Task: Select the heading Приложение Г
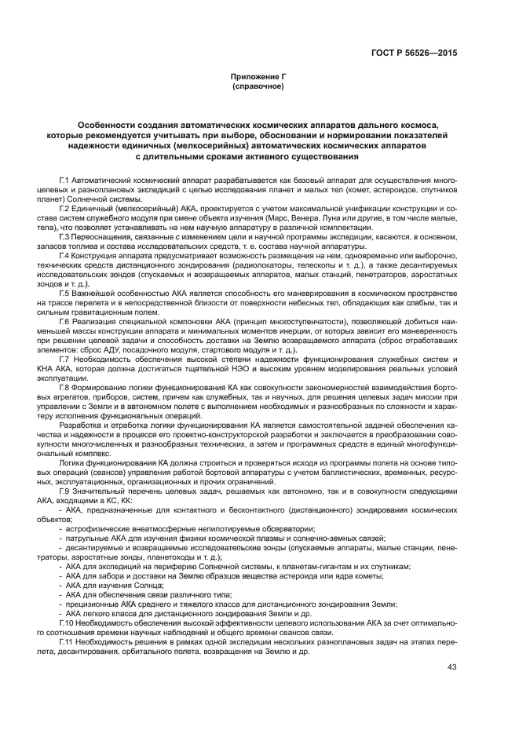[x=258, y=77]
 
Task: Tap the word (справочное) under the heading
[x=258, y=86]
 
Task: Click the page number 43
[x=451, y=668]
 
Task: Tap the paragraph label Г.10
[x=67, y=621]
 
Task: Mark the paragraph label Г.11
[x=67, y=642]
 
